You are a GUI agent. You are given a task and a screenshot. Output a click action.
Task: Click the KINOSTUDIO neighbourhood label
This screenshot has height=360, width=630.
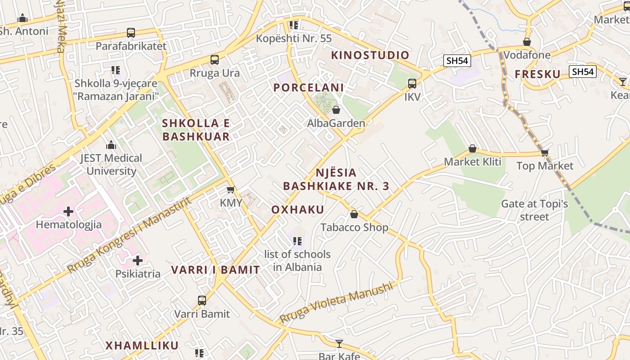370,55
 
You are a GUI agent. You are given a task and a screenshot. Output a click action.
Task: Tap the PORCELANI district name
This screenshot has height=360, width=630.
309,88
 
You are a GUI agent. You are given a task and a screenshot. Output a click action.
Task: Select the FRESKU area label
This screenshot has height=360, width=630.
538,74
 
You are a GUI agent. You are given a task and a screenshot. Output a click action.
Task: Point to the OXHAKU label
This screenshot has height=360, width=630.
298,210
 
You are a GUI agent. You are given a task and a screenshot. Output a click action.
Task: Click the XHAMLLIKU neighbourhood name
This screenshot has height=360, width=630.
142,346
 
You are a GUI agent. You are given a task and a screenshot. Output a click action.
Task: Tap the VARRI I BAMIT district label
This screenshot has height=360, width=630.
216,270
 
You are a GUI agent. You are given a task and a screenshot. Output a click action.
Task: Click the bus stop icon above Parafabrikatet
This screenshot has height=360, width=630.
131,33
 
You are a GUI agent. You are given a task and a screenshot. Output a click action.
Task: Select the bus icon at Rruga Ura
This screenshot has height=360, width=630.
215,60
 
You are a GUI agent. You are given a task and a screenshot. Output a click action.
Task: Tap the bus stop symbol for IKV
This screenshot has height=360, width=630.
412,84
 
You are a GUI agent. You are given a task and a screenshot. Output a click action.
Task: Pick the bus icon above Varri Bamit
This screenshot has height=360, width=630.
202,301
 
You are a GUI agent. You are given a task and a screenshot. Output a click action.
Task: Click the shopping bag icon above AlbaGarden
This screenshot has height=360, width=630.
336,110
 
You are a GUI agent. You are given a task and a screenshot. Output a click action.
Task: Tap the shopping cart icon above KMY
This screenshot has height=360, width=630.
231,190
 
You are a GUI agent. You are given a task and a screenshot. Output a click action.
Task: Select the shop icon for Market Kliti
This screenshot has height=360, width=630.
472,148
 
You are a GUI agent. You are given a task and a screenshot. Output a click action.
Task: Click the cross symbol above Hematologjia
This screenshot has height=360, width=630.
68,211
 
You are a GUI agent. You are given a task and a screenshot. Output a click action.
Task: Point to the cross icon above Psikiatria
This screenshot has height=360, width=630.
138,261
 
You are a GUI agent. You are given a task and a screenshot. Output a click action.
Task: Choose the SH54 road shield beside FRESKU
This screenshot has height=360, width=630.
582,72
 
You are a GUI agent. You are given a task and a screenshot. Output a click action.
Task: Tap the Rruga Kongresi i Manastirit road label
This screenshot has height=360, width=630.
130,235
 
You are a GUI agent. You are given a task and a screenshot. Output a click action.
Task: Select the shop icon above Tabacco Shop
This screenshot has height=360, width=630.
354,214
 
